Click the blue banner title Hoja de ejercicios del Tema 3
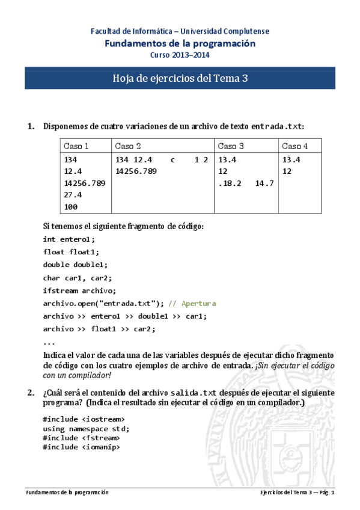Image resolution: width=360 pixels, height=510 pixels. point(180,79)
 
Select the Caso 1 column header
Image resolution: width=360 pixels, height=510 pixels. point(76,146)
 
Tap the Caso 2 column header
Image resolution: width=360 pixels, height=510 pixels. point(128,146)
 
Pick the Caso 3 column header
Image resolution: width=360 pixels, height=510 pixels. point(231,146)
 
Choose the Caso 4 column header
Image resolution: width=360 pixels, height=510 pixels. point(295,146)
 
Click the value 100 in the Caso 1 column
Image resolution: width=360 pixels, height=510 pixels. point(70,206)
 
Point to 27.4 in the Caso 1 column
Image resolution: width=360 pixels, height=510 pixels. point(73,195)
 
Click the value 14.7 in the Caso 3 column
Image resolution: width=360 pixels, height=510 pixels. point(264,183)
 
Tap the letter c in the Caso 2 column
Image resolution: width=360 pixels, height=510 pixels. point(172,160)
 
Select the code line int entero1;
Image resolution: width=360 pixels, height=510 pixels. point(69,239)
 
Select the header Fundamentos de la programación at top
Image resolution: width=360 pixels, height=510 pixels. point(180,43)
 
